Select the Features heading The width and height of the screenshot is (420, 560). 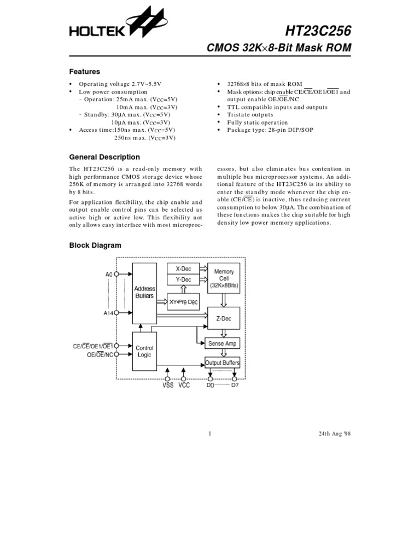84,72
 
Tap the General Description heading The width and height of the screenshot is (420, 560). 104,157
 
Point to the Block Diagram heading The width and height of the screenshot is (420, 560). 95,246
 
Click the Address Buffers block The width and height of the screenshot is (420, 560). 144,293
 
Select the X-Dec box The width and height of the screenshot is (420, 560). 183,269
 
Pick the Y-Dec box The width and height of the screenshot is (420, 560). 183,279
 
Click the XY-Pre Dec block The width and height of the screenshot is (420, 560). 183,302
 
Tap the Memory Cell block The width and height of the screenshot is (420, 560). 224,278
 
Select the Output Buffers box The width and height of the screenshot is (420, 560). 222,363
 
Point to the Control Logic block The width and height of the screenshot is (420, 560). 144,351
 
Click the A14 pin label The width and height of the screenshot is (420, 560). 108,313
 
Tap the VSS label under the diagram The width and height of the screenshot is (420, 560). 167,386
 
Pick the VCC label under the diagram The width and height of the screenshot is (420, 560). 184,386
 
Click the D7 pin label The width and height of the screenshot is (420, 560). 235,386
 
